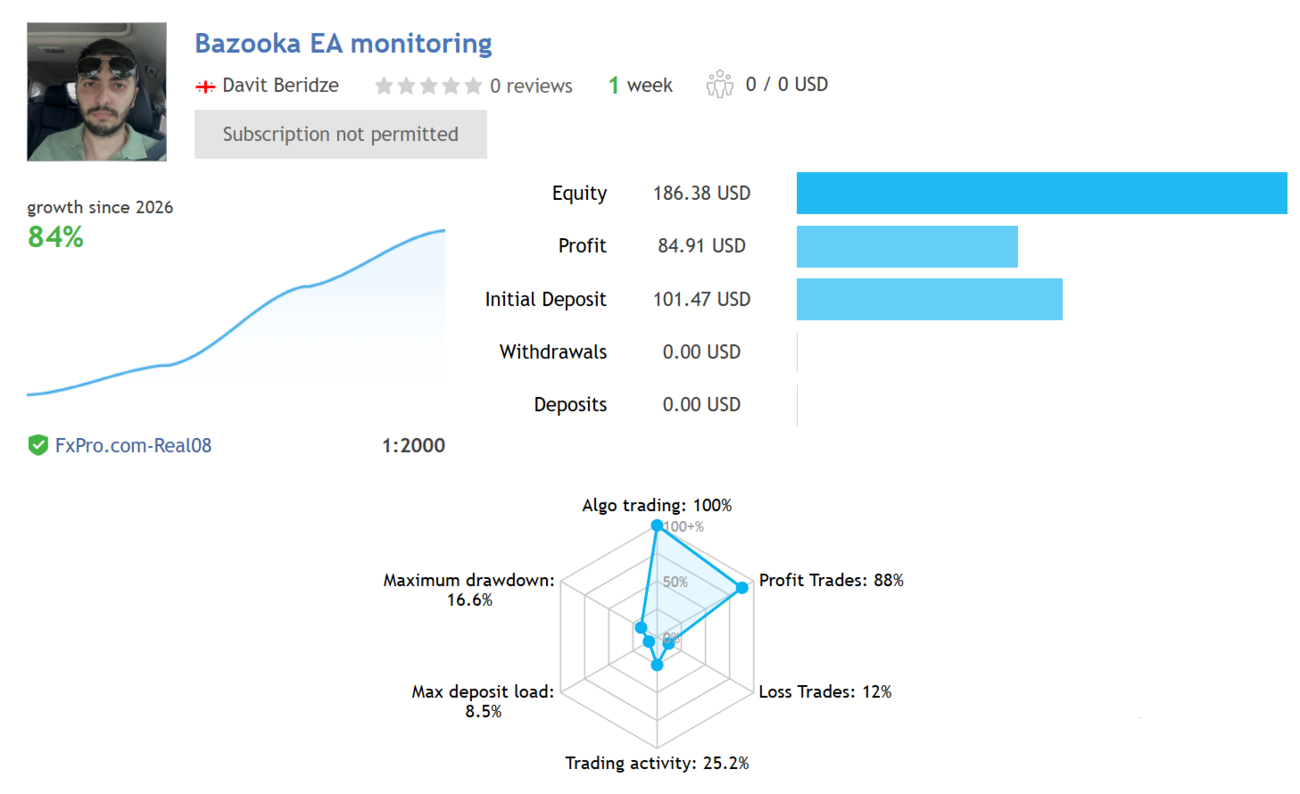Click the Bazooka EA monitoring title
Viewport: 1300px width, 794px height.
tap(344, 44)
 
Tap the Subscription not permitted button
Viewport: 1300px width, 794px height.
tap(341, 135)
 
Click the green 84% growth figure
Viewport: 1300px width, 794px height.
tap(55, 237)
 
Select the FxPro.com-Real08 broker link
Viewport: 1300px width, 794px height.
tap(133, 446)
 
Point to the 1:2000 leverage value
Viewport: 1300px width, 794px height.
tap(413, 446)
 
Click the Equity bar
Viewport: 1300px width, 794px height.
tap(1041, 194)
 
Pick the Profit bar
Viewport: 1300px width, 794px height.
tap(907, 247)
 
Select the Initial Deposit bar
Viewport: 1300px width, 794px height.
tap(929, 300)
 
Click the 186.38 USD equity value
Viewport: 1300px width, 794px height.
tap(701, 194)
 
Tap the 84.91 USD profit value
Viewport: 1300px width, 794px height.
tap(701, 246)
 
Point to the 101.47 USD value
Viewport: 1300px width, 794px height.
tap(701, 300)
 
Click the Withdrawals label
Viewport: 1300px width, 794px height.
tap(553, 352)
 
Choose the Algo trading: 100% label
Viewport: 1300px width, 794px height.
tap(657, 506)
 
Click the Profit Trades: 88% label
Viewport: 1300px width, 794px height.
tap(831, 581)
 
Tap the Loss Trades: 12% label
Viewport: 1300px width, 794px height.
tap(824, 692)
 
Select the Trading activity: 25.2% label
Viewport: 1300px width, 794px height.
tap(657, 764)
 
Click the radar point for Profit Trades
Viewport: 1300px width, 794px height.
tap(741, 588)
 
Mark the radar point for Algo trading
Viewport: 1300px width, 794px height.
tap(657, 525)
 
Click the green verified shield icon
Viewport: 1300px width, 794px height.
tap(37, 445)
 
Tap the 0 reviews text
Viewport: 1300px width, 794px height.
tap(531, 87)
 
